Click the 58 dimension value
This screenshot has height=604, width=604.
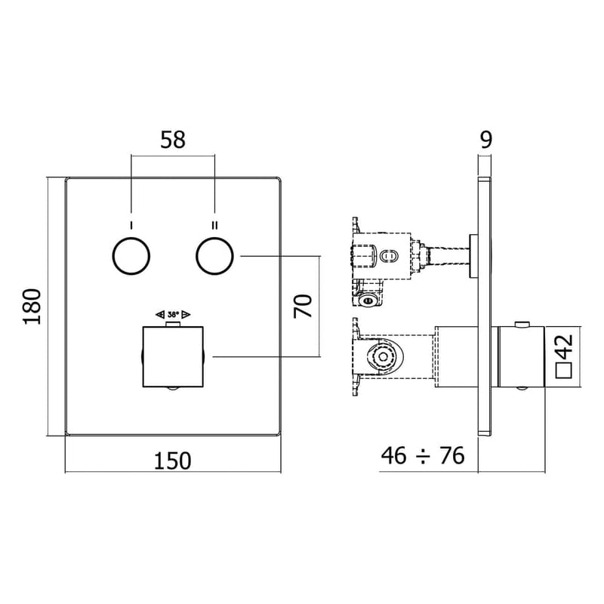pos(173,139)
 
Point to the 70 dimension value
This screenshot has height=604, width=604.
pos(302,307)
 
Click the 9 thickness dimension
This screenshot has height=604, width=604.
pos(485,139)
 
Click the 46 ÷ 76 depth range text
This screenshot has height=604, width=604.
pos(423,455)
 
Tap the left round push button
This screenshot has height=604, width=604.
pos(131,256)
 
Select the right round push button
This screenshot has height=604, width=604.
pos(215,256)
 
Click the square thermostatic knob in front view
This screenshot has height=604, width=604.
pos(173,356)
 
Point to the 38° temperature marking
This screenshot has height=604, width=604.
pos(173,314)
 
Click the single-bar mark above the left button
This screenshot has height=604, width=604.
pos(131,225)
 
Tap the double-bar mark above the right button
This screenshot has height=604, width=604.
pos(215,225)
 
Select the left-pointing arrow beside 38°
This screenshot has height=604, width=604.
pos(159,314)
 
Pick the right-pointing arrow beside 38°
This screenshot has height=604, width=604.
pos(186,314)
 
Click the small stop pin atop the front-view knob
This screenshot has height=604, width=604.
pos(173,325)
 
